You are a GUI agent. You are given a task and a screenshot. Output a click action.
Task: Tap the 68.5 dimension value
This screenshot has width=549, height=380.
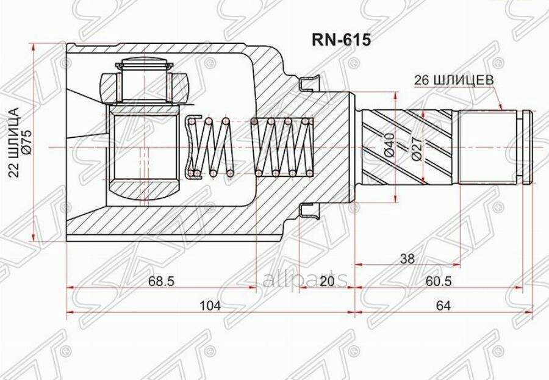[161, 281]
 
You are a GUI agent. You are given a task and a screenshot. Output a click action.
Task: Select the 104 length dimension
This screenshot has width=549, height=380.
[210, 306]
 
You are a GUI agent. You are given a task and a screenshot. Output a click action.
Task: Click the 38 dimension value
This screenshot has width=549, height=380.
[407, 259]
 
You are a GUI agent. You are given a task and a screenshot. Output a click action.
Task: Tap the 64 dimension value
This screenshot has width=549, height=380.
[443, 306]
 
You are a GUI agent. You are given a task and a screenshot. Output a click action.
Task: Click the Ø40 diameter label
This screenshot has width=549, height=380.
[390, 145]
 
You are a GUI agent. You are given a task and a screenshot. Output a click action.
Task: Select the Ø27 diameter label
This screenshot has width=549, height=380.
[417, 148]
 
